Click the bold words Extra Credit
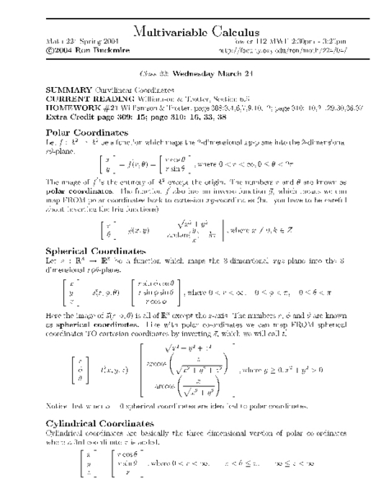click(66, 109)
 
